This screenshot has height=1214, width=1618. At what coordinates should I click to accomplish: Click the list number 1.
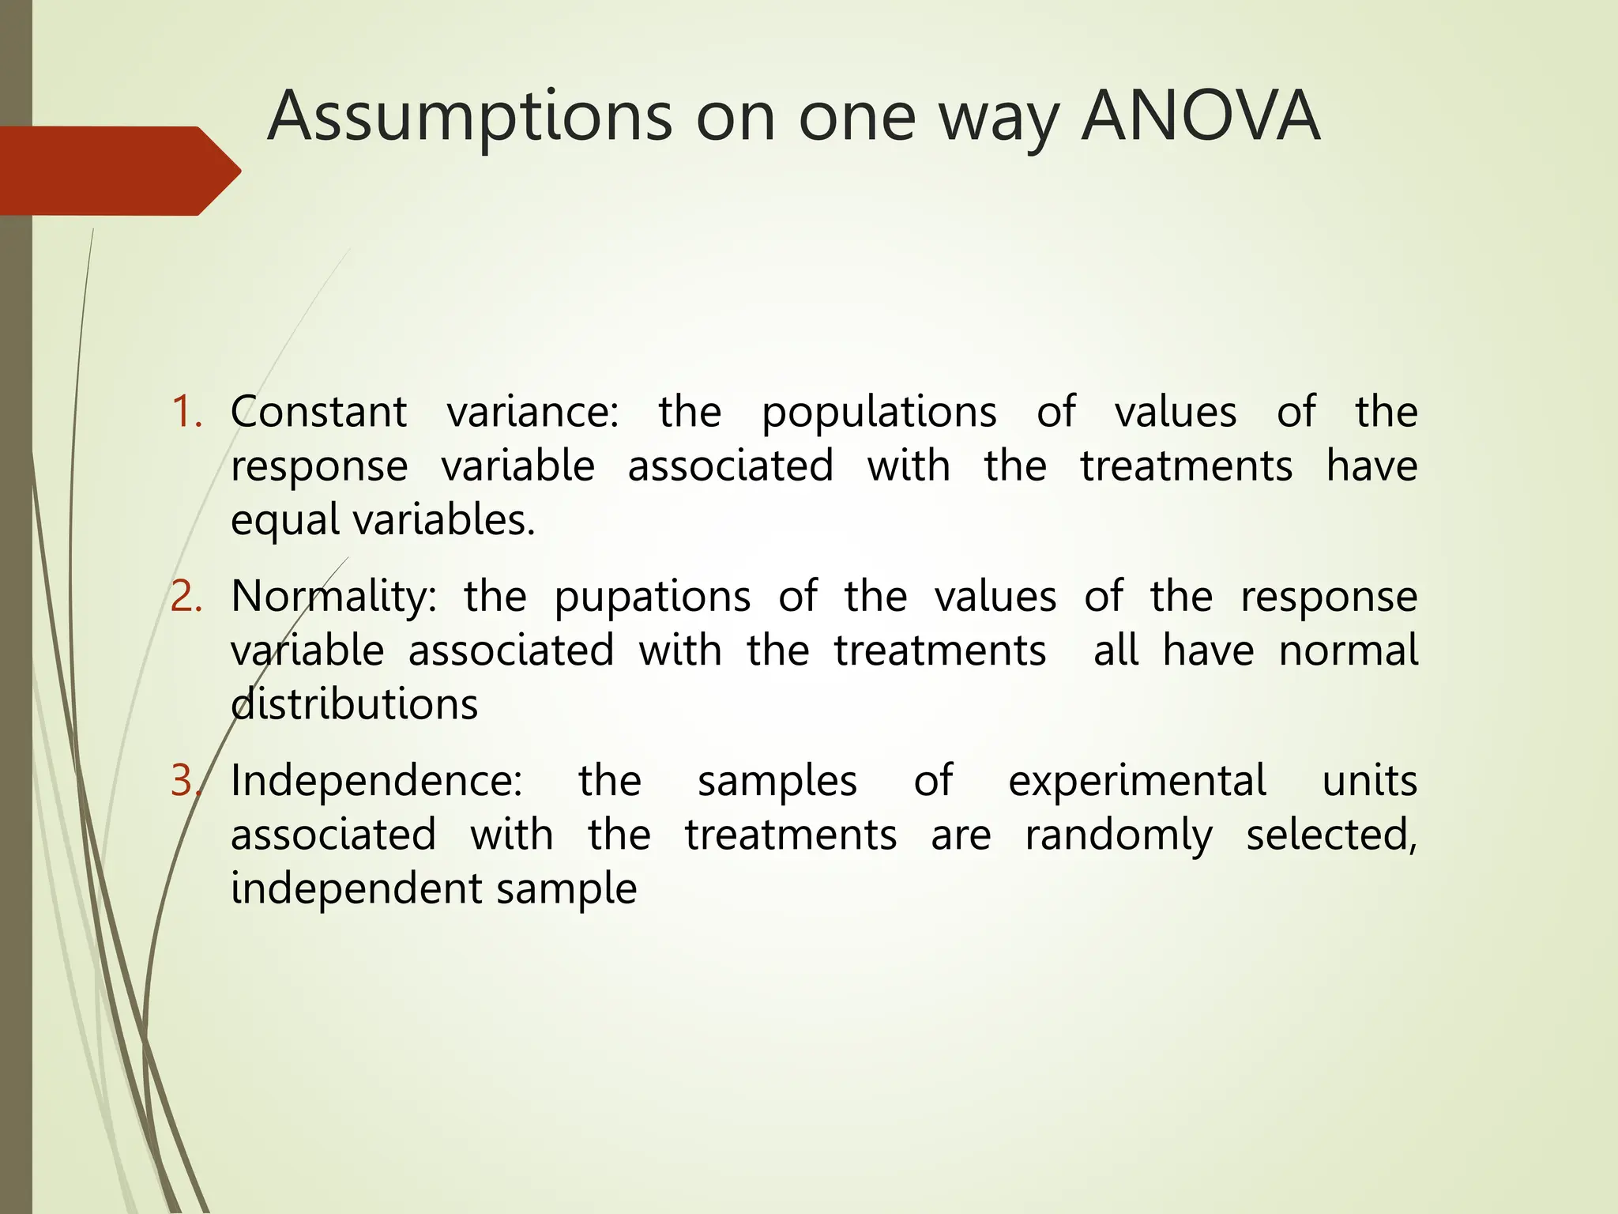(x=186, y=413)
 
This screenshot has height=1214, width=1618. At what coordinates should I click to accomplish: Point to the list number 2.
(x=186, y=597)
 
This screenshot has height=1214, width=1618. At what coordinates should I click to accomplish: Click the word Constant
(x=318, y=413)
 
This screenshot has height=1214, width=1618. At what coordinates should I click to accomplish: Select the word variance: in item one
(x=533, y=413)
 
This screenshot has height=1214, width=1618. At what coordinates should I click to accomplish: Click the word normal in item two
(x=1348, y=650)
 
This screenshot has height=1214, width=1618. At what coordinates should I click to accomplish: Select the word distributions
(x=354, y=704)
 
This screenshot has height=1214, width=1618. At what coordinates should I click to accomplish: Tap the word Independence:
(x=376, y=781)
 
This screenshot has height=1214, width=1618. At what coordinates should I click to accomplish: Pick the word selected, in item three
(x=1331, y=835)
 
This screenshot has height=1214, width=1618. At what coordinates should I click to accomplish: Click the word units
(x=1370, y=781)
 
